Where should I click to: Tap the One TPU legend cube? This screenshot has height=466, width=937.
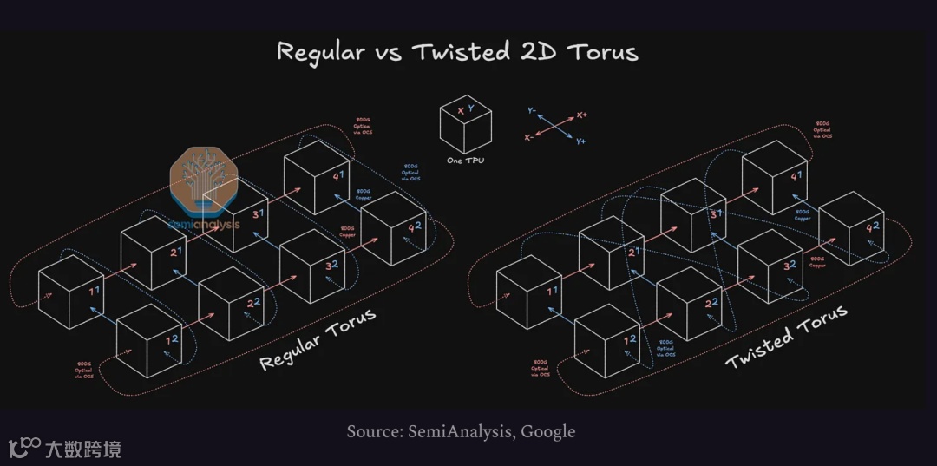tap(465, 126)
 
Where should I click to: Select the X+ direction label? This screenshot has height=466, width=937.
tap(581, 115)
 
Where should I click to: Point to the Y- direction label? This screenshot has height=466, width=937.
tap(531, 112)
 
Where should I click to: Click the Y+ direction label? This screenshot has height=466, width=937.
tap(580, 141)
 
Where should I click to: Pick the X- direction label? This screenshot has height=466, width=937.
tap(529, 138)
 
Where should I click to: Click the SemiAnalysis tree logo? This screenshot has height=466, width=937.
tap(204, 184)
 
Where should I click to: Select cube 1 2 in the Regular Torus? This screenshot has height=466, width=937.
tap(149, 339)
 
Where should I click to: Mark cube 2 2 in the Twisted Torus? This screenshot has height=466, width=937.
tap(690, 303)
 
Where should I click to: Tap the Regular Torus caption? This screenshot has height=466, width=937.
tap(318, 338)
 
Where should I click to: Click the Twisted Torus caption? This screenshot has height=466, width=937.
tap(786, 337)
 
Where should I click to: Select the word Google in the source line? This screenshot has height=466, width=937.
tap(547, 431)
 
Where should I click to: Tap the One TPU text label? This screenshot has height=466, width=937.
tap(465, 161)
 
